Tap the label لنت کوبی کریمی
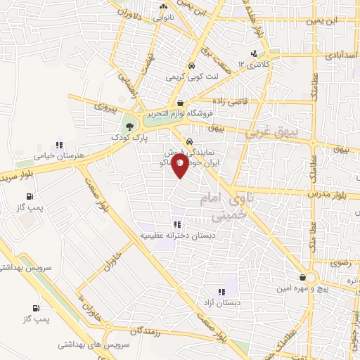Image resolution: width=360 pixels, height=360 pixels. (x=189, y=75)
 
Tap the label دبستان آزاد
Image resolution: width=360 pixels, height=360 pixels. (x=221, y=303)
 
